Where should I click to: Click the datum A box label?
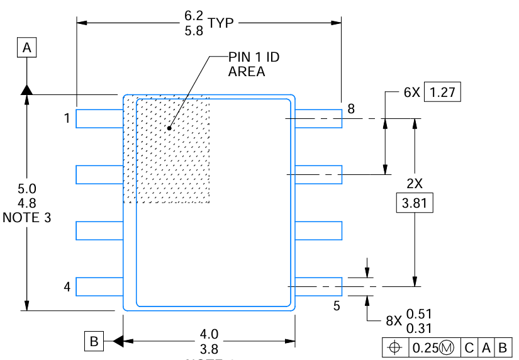coord(27,47)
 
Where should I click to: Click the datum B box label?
coord(94,342)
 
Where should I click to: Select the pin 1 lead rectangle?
coord(99,118)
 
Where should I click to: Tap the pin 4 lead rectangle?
coord(99,286)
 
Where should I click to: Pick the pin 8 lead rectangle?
coord(318,118)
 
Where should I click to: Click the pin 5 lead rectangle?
coord(318,286)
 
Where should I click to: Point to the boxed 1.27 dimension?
coord(443,92)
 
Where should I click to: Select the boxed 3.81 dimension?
coord(414,204)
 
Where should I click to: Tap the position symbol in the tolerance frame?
coord(395,347)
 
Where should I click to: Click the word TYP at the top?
coord(221,23)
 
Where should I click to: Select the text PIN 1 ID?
coord(254,57)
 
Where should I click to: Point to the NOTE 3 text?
coord(27,217)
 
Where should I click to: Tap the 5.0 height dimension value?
coord(27,189)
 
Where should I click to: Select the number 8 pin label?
coord(351,109)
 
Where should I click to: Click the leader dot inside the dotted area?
coord(169,128)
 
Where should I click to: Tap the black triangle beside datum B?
coord(117,342)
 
